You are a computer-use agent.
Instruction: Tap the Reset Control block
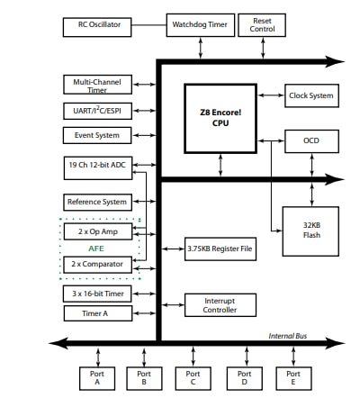262,25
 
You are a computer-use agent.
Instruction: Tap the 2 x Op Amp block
98,231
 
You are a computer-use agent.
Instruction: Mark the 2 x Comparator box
98,264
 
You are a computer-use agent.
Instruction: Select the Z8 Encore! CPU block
220,117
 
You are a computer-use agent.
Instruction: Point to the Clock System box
310,95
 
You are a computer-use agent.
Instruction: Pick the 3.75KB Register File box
220,248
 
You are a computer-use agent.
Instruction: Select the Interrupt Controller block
220,304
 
